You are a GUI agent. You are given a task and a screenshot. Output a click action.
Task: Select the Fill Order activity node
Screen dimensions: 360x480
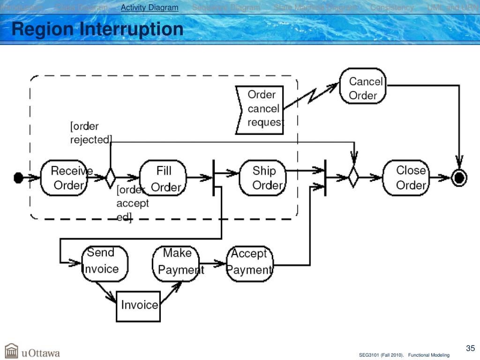pos(164,178)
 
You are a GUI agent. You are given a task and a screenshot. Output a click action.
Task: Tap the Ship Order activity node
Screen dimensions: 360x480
pos(263,178)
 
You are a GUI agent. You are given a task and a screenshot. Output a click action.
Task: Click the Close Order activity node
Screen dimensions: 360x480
pos(406,178)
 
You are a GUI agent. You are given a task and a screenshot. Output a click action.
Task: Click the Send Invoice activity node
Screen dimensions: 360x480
pos(105,263)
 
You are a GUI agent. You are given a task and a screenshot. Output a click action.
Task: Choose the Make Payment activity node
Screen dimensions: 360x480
pos(176,263)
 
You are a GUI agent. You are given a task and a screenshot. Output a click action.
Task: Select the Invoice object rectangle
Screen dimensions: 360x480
pos(138,306)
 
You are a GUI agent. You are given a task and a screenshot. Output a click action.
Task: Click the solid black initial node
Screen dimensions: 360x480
pos(18,178)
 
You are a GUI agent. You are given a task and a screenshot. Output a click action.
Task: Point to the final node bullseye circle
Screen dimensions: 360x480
pos(459,178)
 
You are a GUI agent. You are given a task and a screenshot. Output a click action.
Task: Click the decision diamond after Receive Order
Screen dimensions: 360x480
pos(111,178)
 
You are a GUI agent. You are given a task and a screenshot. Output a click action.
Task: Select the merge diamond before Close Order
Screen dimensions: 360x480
pos(353,178)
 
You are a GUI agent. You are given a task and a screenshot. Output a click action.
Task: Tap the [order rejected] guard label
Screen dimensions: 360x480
pos(90,133)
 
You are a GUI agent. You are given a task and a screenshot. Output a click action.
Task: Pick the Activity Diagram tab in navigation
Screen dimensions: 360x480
pos(150,7)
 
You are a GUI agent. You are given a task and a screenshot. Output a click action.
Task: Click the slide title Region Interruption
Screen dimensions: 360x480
pos(97,30)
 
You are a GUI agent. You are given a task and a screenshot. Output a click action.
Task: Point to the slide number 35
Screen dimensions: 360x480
pos(470,348)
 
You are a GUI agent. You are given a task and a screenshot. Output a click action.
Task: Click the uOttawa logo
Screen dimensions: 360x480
pos(33,351)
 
